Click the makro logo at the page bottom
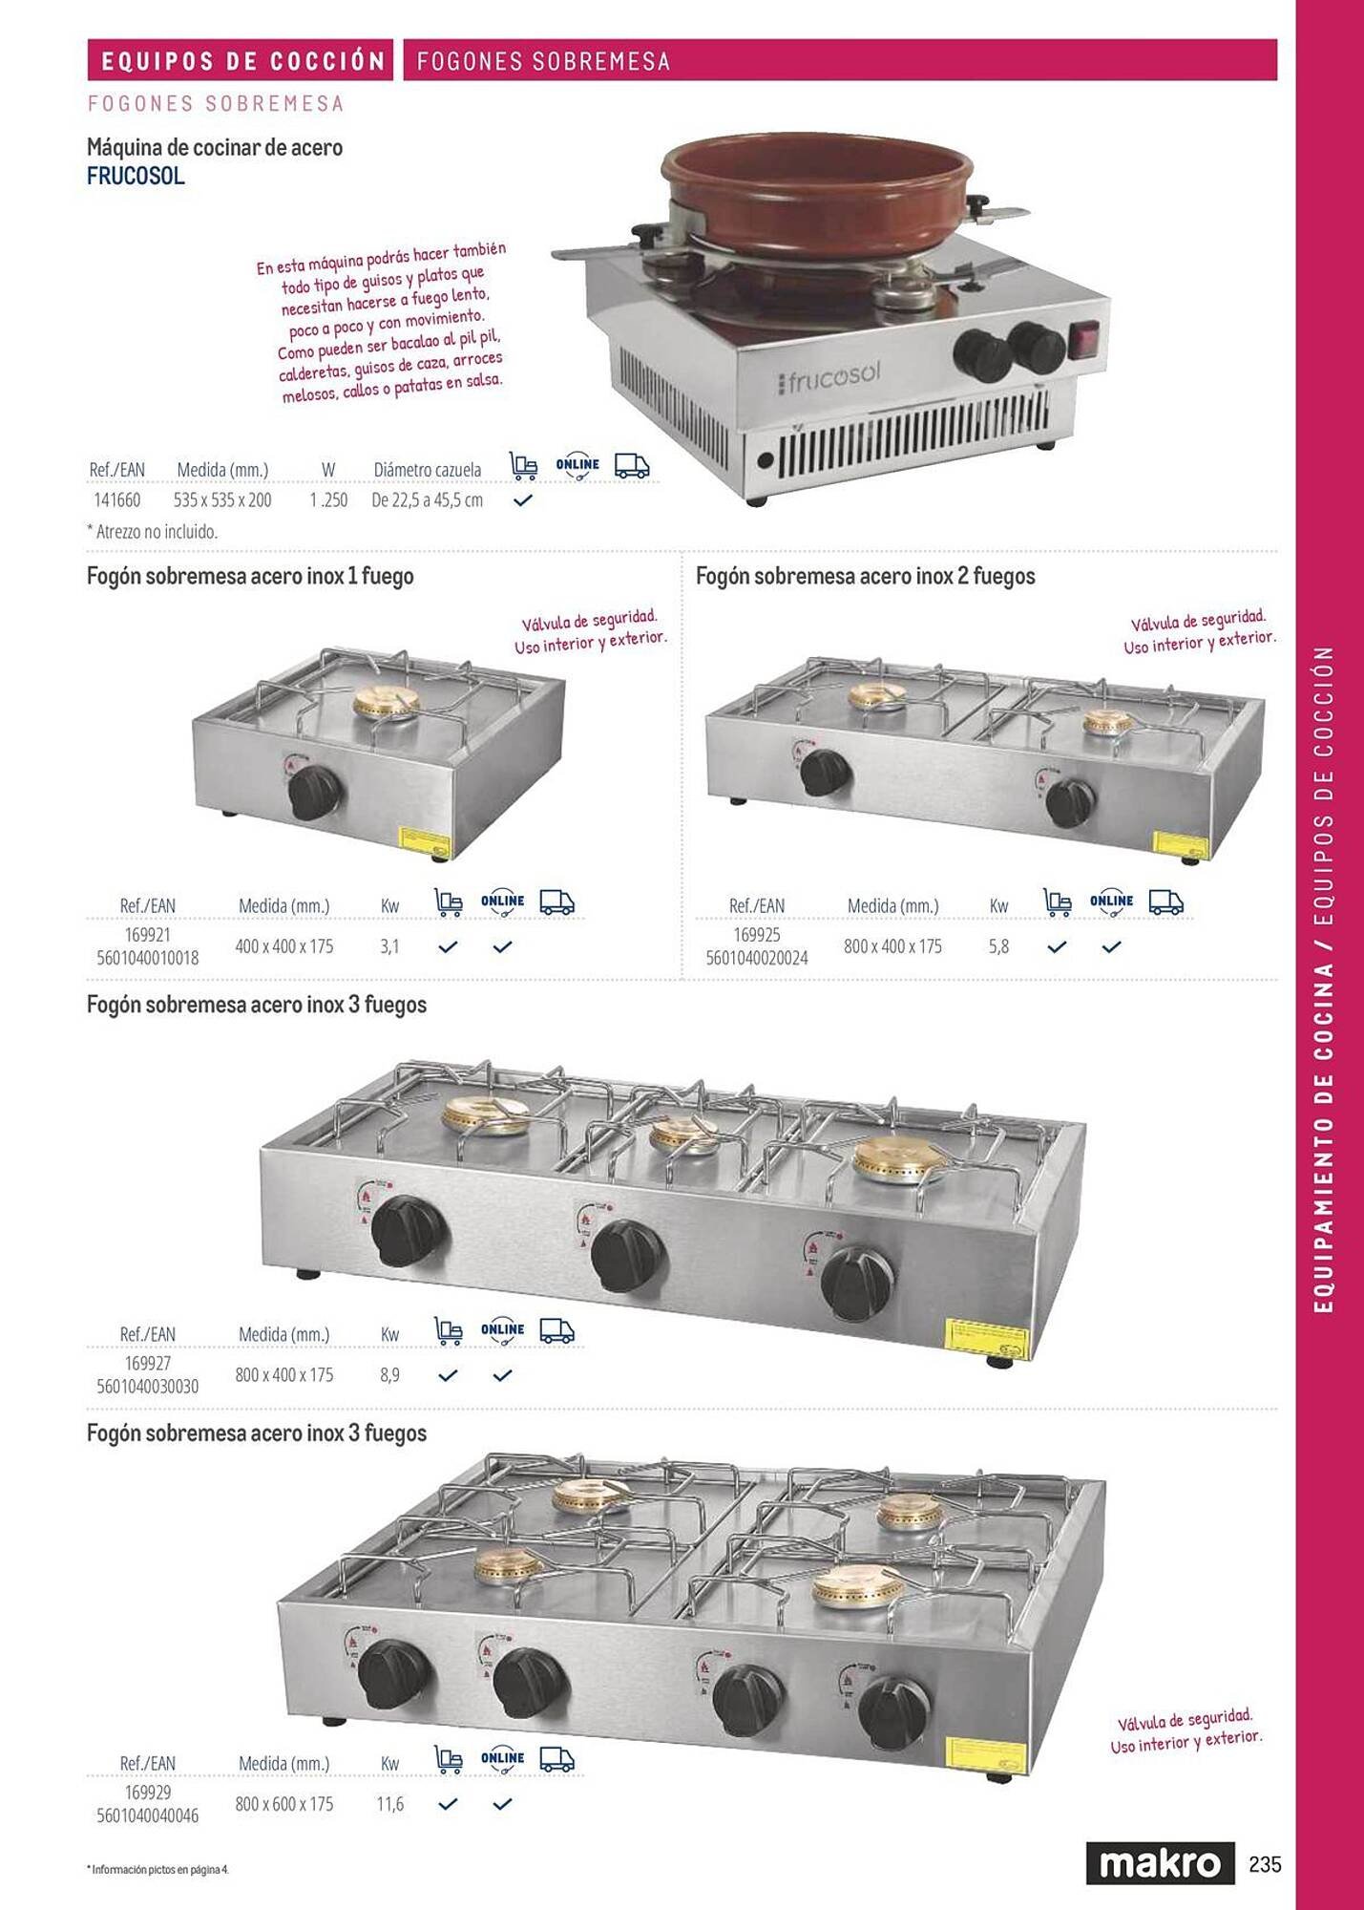[x=1160, y=1863]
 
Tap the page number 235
[x=1265, y=1863]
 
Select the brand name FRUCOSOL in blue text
[x=136, y=177]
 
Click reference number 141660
[x=116, y=499]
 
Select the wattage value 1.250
[x=328, y=499]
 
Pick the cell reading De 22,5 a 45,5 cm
[x=427, y=499]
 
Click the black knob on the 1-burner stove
[x=313, y=792]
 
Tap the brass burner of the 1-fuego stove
[x=387, y=704]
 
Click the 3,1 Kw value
[x=389, y=946]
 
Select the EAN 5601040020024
[x=756, y=958]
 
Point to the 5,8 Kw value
[x=998, y=946]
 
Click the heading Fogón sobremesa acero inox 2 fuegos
[x=865, y=576]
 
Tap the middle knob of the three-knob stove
[x=626, y=1255]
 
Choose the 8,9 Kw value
[x=389, y=1375]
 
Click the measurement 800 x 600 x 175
[x=284, y=1804]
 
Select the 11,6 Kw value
[x=389, y=1804]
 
